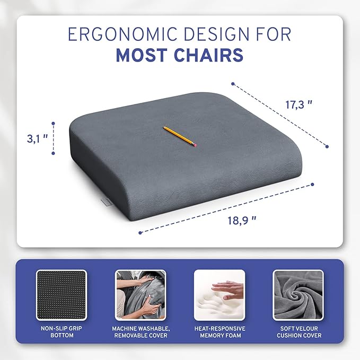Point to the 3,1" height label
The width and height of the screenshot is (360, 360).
click(x=38, y=138)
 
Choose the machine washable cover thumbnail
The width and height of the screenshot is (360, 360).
click(x=141, y=295)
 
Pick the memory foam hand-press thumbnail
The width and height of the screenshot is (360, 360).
click(x=219, y=295)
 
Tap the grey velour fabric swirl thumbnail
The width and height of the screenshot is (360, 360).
click(x=298, y=295)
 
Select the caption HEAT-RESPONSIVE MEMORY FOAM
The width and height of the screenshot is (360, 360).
click(x=219, y=331)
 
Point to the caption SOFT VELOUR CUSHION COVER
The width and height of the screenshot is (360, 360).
click(x=298, y=331)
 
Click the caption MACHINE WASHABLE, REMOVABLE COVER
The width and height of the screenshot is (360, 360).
click(x=141, y=331)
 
